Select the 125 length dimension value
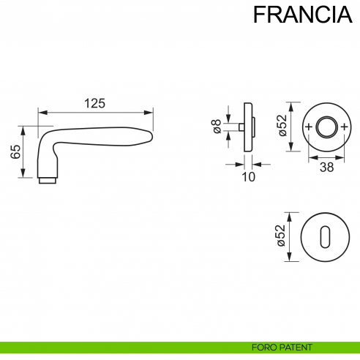[x=95, y=103]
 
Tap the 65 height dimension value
[x=15, y=153]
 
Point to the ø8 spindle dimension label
[x=217, y=127]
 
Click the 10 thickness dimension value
[x=247, y=176]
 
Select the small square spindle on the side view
[x=240, y=128]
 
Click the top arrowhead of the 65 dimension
[x=23, y=128]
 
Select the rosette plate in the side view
[x=248, y=128]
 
